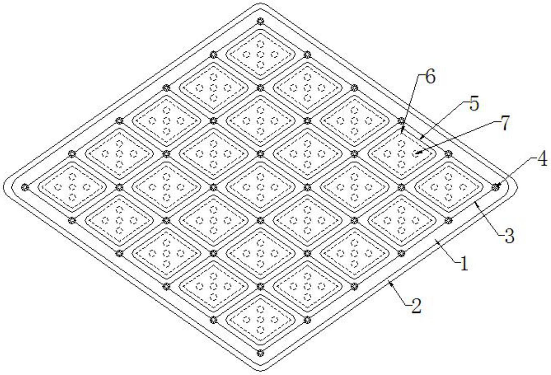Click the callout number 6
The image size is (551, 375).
(431, 77)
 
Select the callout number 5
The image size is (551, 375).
(474, 104)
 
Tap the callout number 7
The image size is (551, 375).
(505, 123)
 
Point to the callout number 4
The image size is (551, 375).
(542, 160)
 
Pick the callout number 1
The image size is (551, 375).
(463, 264)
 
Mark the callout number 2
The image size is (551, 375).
(416, 306)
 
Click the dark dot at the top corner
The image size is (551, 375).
(261, 21)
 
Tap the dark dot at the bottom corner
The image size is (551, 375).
(261, 353)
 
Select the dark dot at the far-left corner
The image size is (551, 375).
(25, 187)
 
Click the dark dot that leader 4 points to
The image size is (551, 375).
(496, 187)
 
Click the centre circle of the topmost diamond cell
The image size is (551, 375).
(261, 54)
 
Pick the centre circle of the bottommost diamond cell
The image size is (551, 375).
(261, 320)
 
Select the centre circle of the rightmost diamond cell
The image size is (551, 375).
(449, 187)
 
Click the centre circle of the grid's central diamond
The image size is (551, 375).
(261, 187)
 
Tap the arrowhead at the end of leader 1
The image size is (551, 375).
(436, 241)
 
